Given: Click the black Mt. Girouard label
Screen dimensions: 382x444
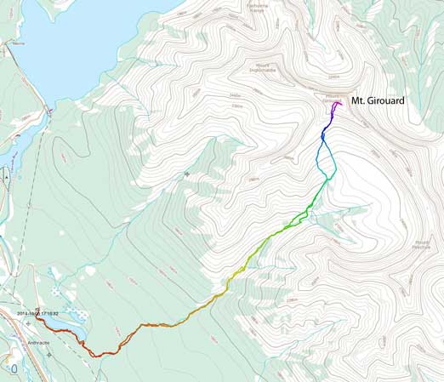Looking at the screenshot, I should tap(375, 100).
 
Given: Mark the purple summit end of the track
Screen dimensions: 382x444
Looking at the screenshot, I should tap(339, 104).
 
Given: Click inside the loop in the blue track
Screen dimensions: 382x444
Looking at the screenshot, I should tap(326, 158).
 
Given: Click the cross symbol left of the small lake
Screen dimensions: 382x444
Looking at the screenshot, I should tap(28, 323).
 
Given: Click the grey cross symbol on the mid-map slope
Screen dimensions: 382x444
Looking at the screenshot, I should tap(186, 174).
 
